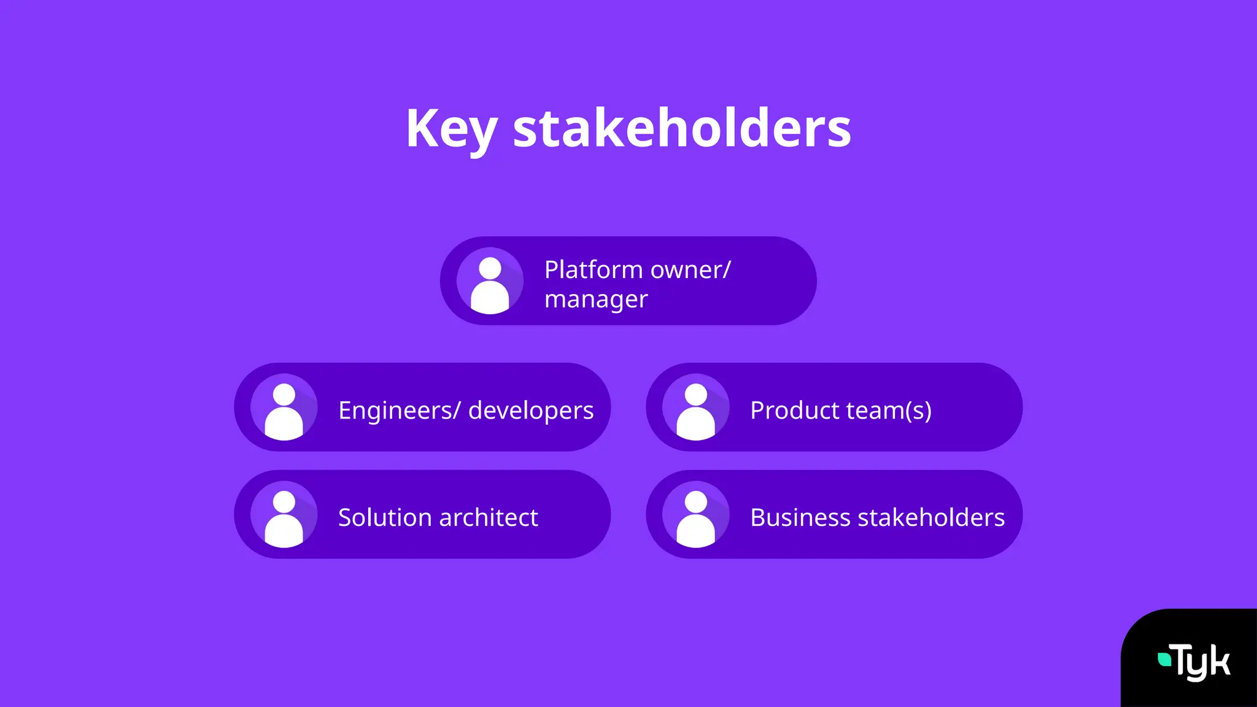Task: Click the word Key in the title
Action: [x=451, y=129]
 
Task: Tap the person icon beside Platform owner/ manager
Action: [x=490, y=281]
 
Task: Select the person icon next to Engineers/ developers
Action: [x=284, y=408]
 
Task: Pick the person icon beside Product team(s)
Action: [x=695, y=408]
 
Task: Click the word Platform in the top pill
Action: [x=593, y=270]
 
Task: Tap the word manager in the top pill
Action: [x=595, y=299]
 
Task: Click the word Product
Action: [x=794, y=410]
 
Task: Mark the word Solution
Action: [x=385, y=517]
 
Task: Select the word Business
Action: [x=800, y=517]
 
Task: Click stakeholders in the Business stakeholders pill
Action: [x=931, y=517]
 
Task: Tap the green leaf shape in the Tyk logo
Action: [x=1164, y=660]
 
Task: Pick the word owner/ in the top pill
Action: [x=690, y=270]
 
